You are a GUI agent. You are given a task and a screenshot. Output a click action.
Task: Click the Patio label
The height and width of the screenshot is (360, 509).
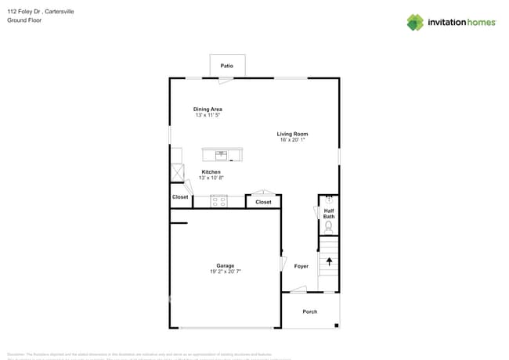(x=227, y=66)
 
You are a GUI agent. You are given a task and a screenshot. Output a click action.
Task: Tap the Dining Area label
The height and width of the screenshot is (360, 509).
(x=208, y=109)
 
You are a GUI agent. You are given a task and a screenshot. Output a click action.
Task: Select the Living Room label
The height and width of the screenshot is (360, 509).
(x=292, y=134)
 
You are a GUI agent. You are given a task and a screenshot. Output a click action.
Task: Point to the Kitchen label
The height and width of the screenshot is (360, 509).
(x=211, y=172)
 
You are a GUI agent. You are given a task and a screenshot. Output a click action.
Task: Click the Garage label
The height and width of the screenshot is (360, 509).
(x=226, y=265)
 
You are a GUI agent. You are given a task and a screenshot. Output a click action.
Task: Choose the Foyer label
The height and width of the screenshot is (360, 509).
(x=301, y=266)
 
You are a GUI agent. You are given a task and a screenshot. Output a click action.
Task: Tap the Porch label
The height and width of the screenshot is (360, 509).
(x=310, y=311)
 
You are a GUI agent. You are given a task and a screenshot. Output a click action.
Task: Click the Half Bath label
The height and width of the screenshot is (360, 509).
(x=329, y=212)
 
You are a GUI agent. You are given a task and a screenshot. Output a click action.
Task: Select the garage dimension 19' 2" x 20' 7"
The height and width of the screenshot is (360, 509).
(x=226, y=272)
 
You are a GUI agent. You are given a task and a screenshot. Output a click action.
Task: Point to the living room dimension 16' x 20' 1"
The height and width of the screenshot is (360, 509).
(x=293, y=140)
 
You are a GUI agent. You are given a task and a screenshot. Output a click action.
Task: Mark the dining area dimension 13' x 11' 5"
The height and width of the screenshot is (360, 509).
(x=208, y=115)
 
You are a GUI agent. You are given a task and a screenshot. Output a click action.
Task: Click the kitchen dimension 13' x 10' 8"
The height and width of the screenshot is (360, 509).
(x=211, y=178)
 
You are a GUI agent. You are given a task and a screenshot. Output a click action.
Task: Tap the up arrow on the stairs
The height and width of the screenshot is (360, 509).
(x=329, y=262)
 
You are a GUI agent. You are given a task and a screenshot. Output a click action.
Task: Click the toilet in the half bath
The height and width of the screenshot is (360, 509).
(x=329, y=226)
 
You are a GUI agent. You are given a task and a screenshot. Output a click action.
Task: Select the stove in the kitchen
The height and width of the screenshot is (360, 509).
(x=218, y=201)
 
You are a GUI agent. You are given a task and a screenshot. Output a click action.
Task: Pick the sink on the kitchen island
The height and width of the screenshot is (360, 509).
(x=221, y=154)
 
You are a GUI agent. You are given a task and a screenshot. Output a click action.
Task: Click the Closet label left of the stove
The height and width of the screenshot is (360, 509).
(x=180, y=197)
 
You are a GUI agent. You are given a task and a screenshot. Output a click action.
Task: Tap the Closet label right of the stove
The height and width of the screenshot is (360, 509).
(x=263, y=202)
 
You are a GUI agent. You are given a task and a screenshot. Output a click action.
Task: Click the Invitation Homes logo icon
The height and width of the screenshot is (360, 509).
(x=415, y=22)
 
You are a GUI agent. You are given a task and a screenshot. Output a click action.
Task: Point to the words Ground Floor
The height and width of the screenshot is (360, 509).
(x=24, y=20)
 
